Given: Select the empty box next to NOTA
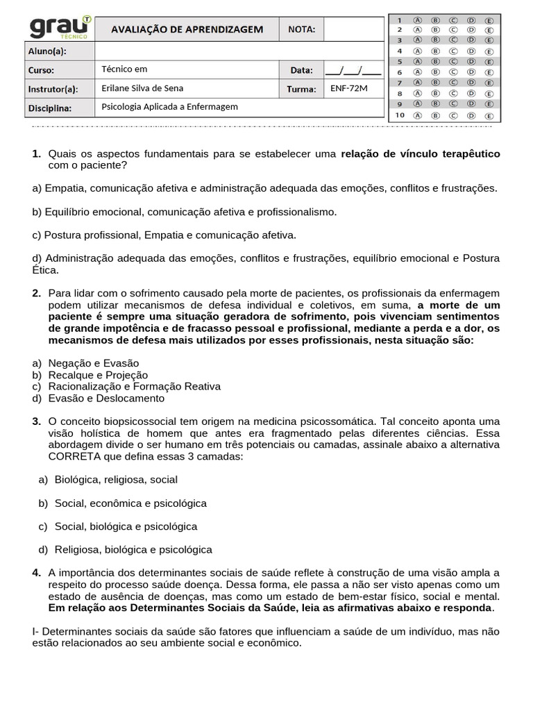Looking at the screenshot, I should (x=353, y=29).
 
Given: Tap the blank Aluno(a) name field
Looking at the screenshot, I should (x=238, y=51).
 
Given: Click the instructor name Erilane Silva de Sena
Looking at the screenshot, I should (x=142, y=88).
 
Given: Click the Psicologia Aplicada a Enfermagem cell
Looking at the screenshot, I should (x=169, y=107).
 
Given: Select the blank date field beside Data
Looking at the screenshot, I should (x=353, y=70).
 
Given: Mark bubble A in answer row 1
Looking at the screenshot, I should (x=418, y=20).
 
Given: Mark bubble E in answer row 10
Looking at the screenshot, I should (x=489, y=115).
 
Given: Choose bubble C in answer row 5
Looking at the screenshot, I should (x=453, y=62).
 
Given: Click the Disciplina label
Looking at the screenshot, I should (x=51, y=108).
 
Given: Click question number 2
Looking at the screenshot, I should (x=36, y=293).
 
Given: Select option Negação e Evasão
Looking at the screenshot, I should (x=94, y=363).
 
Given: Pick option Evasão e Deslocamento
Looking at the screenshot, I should (x=106, y=399).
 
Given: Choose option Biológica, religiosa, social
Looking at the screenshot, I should (x=116, y=480).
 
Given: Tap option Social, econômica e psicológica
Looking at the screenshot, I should (x=130, y=503).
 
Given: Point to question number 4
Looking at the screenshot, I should (x=36, y=573).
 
